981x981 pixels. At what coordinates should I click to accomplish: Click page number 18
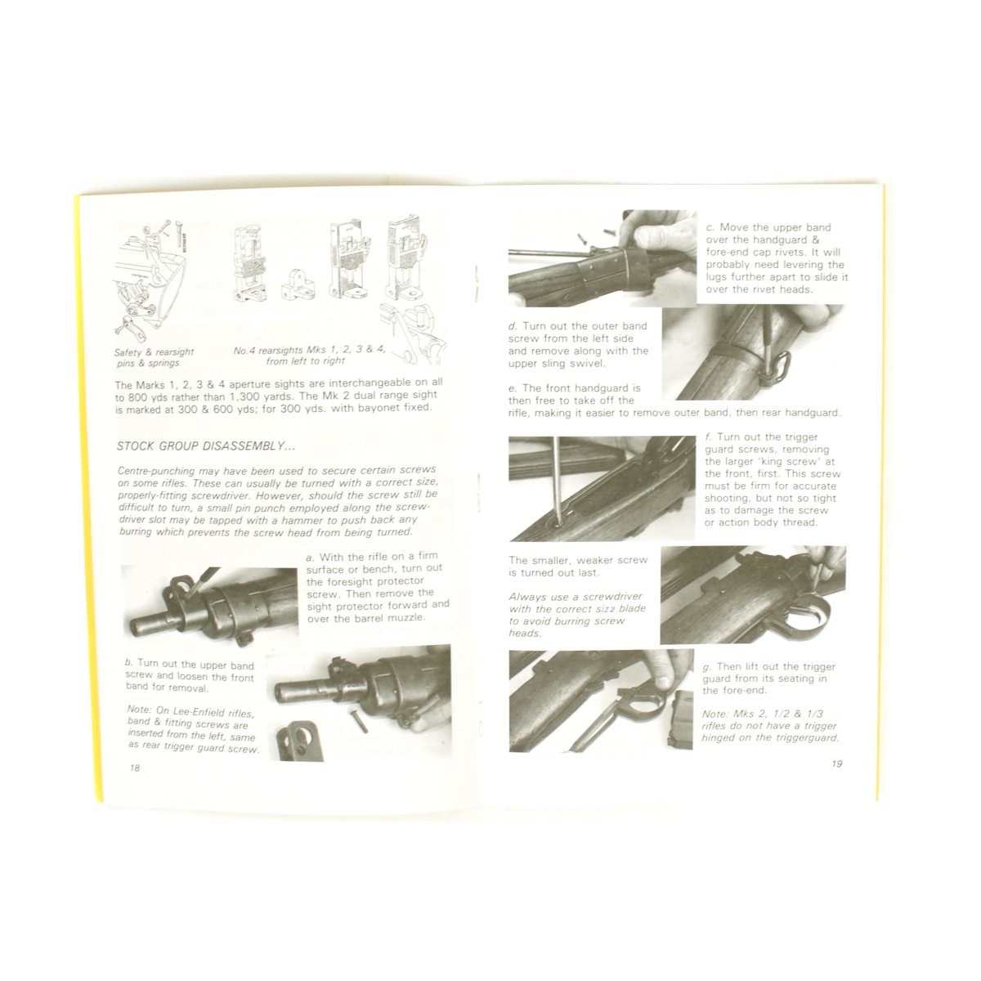pos(134,768)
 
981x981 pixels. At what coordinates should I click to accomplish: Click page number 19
pos(836,764)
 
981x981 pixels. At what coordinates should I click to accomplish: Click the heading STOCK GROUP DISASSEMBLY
pos(206,446)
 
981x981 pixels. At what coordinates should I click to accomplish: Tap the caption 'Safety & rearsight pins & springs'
pos(154,357)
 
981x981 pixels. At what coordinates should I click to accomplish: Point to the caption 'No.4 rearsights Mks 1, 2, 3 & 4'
pos(310,350)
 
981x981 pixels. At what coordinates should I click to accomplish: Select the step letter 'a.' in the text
pos(311,557)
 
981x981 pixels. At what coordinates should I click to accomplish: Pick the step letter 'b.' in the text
pos(129,663)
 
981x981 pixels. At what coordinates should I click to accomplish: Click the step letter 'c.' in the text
pos(710,228)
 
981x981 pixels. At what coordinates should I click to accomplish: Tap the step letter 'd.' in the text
pos(513,326)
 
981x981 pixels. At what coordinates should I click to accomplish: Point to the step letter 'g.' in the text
pos(707,668)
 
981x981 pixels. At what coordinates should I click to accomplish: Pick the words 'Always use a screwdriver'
pos(576,597)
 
